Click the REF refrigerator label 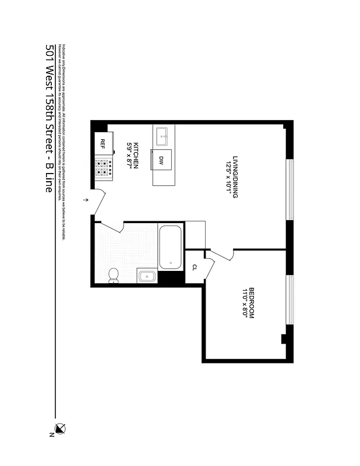coord(103,143)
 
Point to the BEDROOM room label coord(252,303)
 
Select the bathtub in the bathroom coord(170,247)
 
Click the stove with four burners coord(104,168)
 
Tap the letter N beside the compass coord(52,435)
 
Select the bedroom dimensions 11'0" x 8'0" coord(245,303)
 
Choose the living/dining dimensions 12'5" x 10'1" coord(228,178)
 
